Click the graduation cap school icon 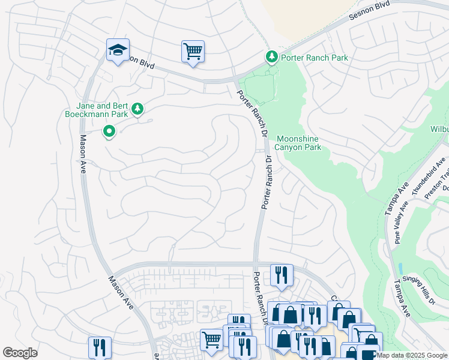pos(118,50)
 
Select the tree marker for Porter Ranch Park pos(272,57)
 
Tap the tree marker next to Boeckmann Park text pos(139,109)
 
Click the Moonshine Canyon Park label pos(298,143)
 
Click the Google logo pos(20,353)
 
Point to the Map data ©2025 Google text pos(412,355)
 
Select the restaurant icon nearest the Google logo pos(100,347)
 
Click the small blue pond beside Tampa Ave pos(400,268)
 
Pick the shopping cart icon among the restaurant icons pos(211,340)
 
